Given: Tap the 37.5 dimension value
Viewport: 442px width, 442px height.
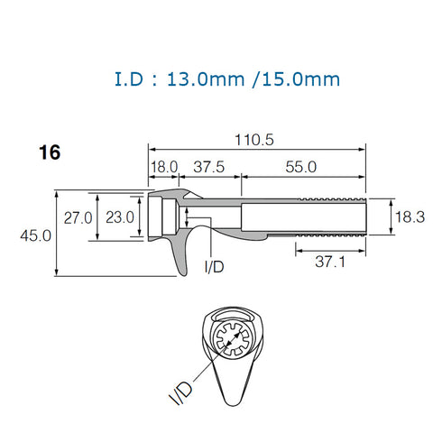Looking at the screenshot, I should [x=209, y=168].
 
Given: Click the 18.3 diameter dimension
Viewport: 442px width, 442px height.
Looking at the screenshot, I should [x=410, y=216].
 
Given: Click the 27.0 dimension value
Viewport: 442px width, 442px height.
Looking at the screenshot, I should [x=78, y=217].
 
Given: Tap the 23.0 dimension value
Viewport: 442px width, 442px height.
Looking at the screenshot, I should [x=119, y=217].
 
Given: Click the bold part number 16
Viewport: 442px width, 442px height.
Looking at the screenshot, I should [x=50, y=153].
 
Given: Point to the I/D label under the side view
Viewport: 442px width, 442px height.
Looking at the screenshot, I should [x=215, y=267].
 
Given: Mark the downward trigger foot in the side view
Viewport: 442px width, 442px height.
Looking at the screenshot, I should [x=179, y=257].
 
